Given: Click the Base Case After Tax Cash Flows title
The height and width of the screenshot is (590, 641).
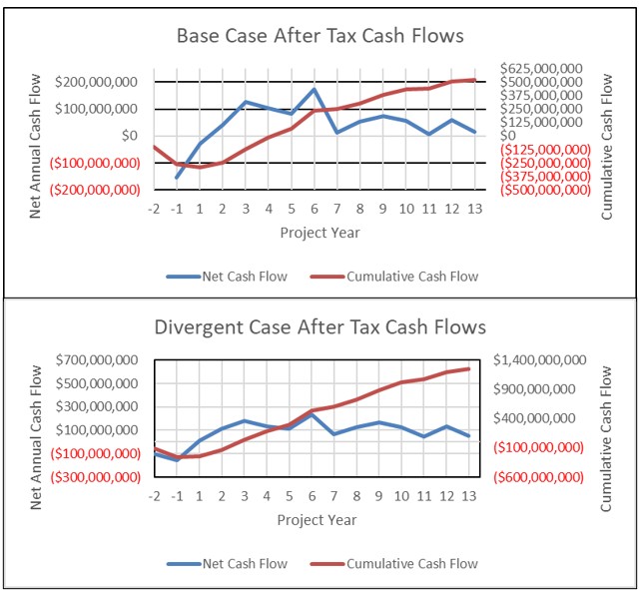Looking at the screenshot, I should point(320,37).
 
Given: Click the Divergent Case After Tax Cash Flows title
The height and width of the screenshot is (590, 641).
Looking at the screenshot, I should point(320,327).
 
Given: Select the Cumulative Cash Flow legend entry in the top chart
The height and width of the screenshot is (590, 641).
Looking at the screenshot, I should point(411,277).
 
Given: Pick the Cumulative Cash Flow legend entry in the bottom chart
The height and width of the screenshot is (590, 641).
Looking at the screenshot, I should point(411,564).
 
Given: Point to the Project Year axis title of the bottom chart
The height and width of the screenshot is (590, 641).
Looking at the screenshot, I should point(317,520).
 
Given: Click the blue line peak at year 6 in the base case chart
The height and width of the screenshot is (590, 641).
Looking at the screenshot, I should point(314,89).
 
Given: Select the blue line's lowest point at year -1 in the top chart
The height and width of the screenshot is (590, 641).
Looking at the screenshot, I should point(177,179).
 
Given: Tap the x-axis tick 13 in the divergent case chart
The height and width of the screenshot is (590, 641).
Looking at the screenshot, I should point(469,496).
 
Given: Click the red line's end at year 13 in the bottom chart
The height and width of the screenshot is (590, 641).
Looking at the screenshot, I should point(469,368).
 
